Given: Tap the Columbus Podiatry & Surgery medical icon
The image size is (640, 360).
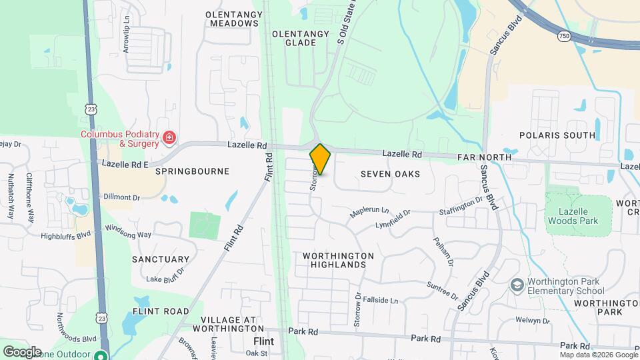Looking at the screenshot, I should [x=170, y=139].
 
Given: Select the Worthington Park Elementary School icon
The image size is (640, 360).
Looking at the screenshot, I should [x=517, y=285].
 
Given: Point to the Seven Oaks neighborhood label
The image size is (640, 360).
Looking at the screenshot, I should [x=390, y=174].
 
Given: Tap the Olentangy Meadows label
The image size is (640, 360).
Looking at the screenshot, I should [x=232, y=19].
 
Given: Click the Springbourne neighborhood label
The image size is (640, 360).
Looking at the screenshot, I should [x=192, y=171].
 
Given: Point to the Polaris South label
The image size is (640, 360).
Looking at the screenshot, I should [x=565, y=135].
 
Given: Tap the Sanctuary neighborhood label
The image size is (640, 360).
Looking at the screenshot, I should [x=161, y=259].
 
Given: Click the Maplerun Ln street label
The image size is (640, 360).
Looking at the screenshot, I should [x=369, y=212].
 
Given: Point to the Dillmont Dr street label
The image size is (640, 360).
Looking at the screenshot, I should [x=121, y=197].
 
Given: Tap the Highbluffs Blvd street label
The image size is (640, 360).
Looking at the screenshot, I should [x=65, y=235].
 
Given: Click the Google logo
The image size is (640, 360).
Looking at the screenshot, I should [x=22, y=351].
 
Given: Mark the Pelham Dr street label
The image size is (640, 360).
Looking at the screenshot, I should [x=443, y=253].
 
